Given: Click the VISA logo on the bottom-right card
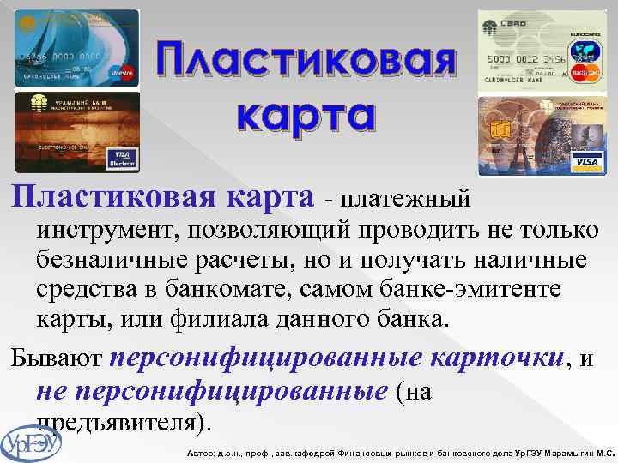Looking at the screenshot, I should (586, 162).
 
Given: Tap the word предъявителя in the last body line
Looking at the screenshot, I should (117, 424).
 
